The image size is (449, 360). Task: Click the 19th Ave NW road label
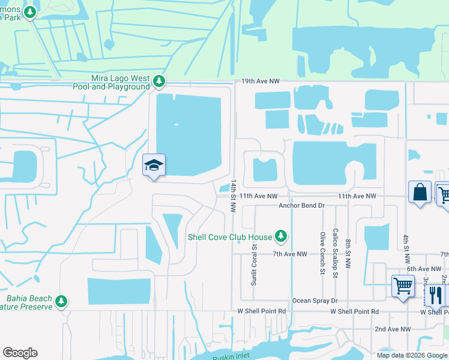(x=262, y=80)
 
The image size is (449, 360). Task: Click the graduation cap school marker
(x=154, y=165)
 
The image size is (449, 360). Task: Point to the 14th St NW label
(x=234, y=195)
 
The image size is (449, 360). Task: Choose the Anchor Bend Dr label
(x=301, y=205)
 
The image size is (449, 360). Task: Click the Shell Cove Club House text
(x=230, y=237)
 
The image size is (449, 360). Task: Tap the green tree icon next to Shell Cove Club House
(x=280, y=236)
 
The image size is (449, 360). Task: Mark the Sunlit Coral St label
(x=255, y=263)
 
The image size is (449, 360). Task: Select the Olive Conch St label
(x=323, y=253)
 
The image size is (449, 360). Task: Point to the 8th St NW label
(x=348, y=252)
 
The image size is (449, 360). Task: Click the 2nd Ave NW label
(x=393, y=329)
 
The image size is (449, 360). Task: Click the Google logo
(x=20, y=353)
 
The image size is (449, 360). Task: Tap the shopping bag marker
(x=420, y=193)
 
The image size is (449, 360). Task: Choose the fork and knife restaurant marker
(x=435, y=295)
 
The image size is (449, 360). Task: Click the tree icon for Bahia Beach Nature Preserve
(x=61, y=302)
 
